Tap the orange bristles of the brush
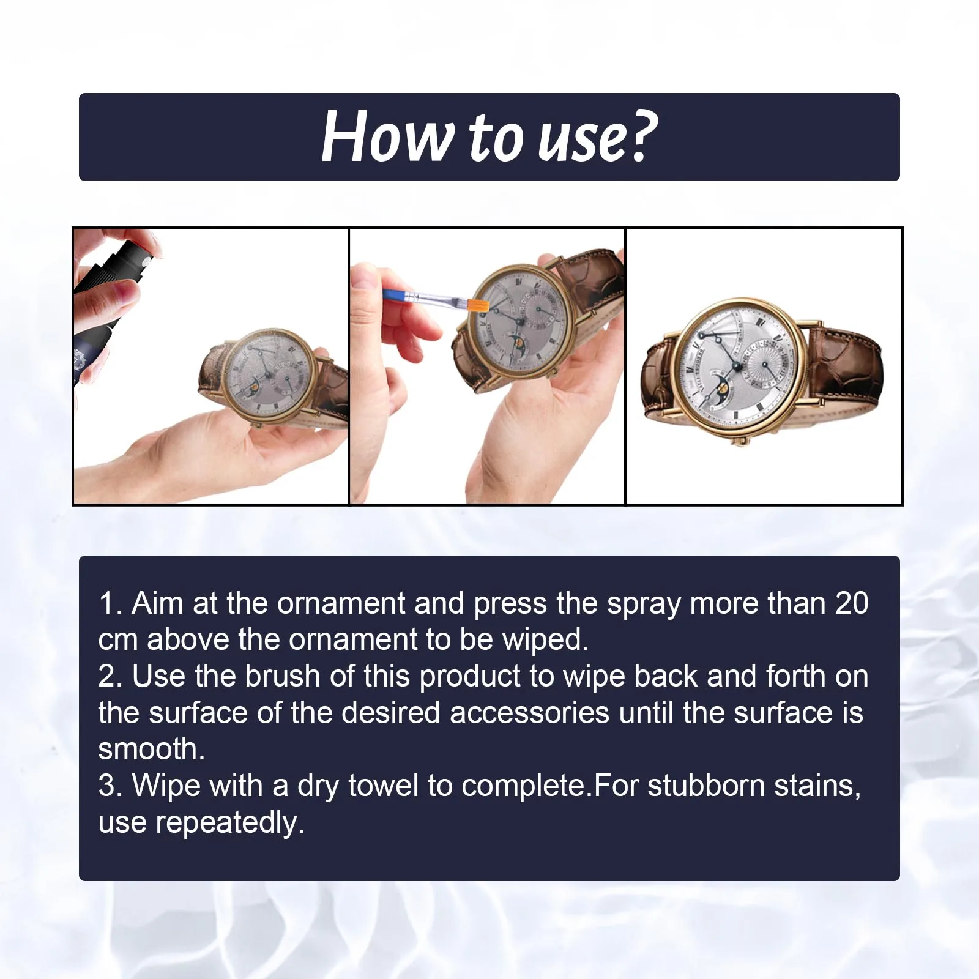pyautogui.click(x=478, y=303)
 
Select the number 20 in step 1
pyautogui.click(x=852, y=603)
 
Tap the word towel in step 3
pyautogui.click(x=383, y=786)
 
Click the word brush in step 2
pyautogui.click(x=282, y=676)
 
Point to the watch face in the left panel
pyautogui.click(x=268, y=377)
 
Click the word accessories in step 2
pyautogui.click(x=529, y=713)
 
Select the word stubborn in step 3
pyautogui.click(x=705, y=786)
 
